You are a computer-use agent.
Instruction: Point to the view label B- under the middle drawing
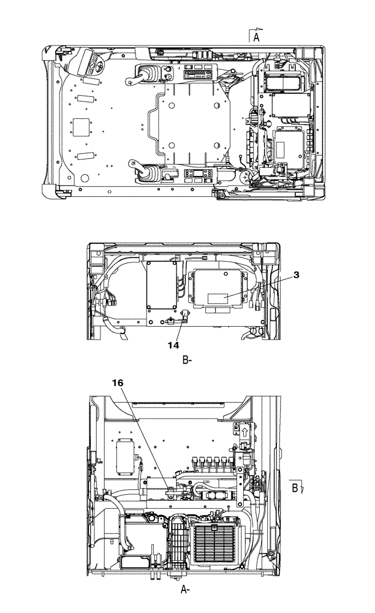(x=188, y=361)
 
